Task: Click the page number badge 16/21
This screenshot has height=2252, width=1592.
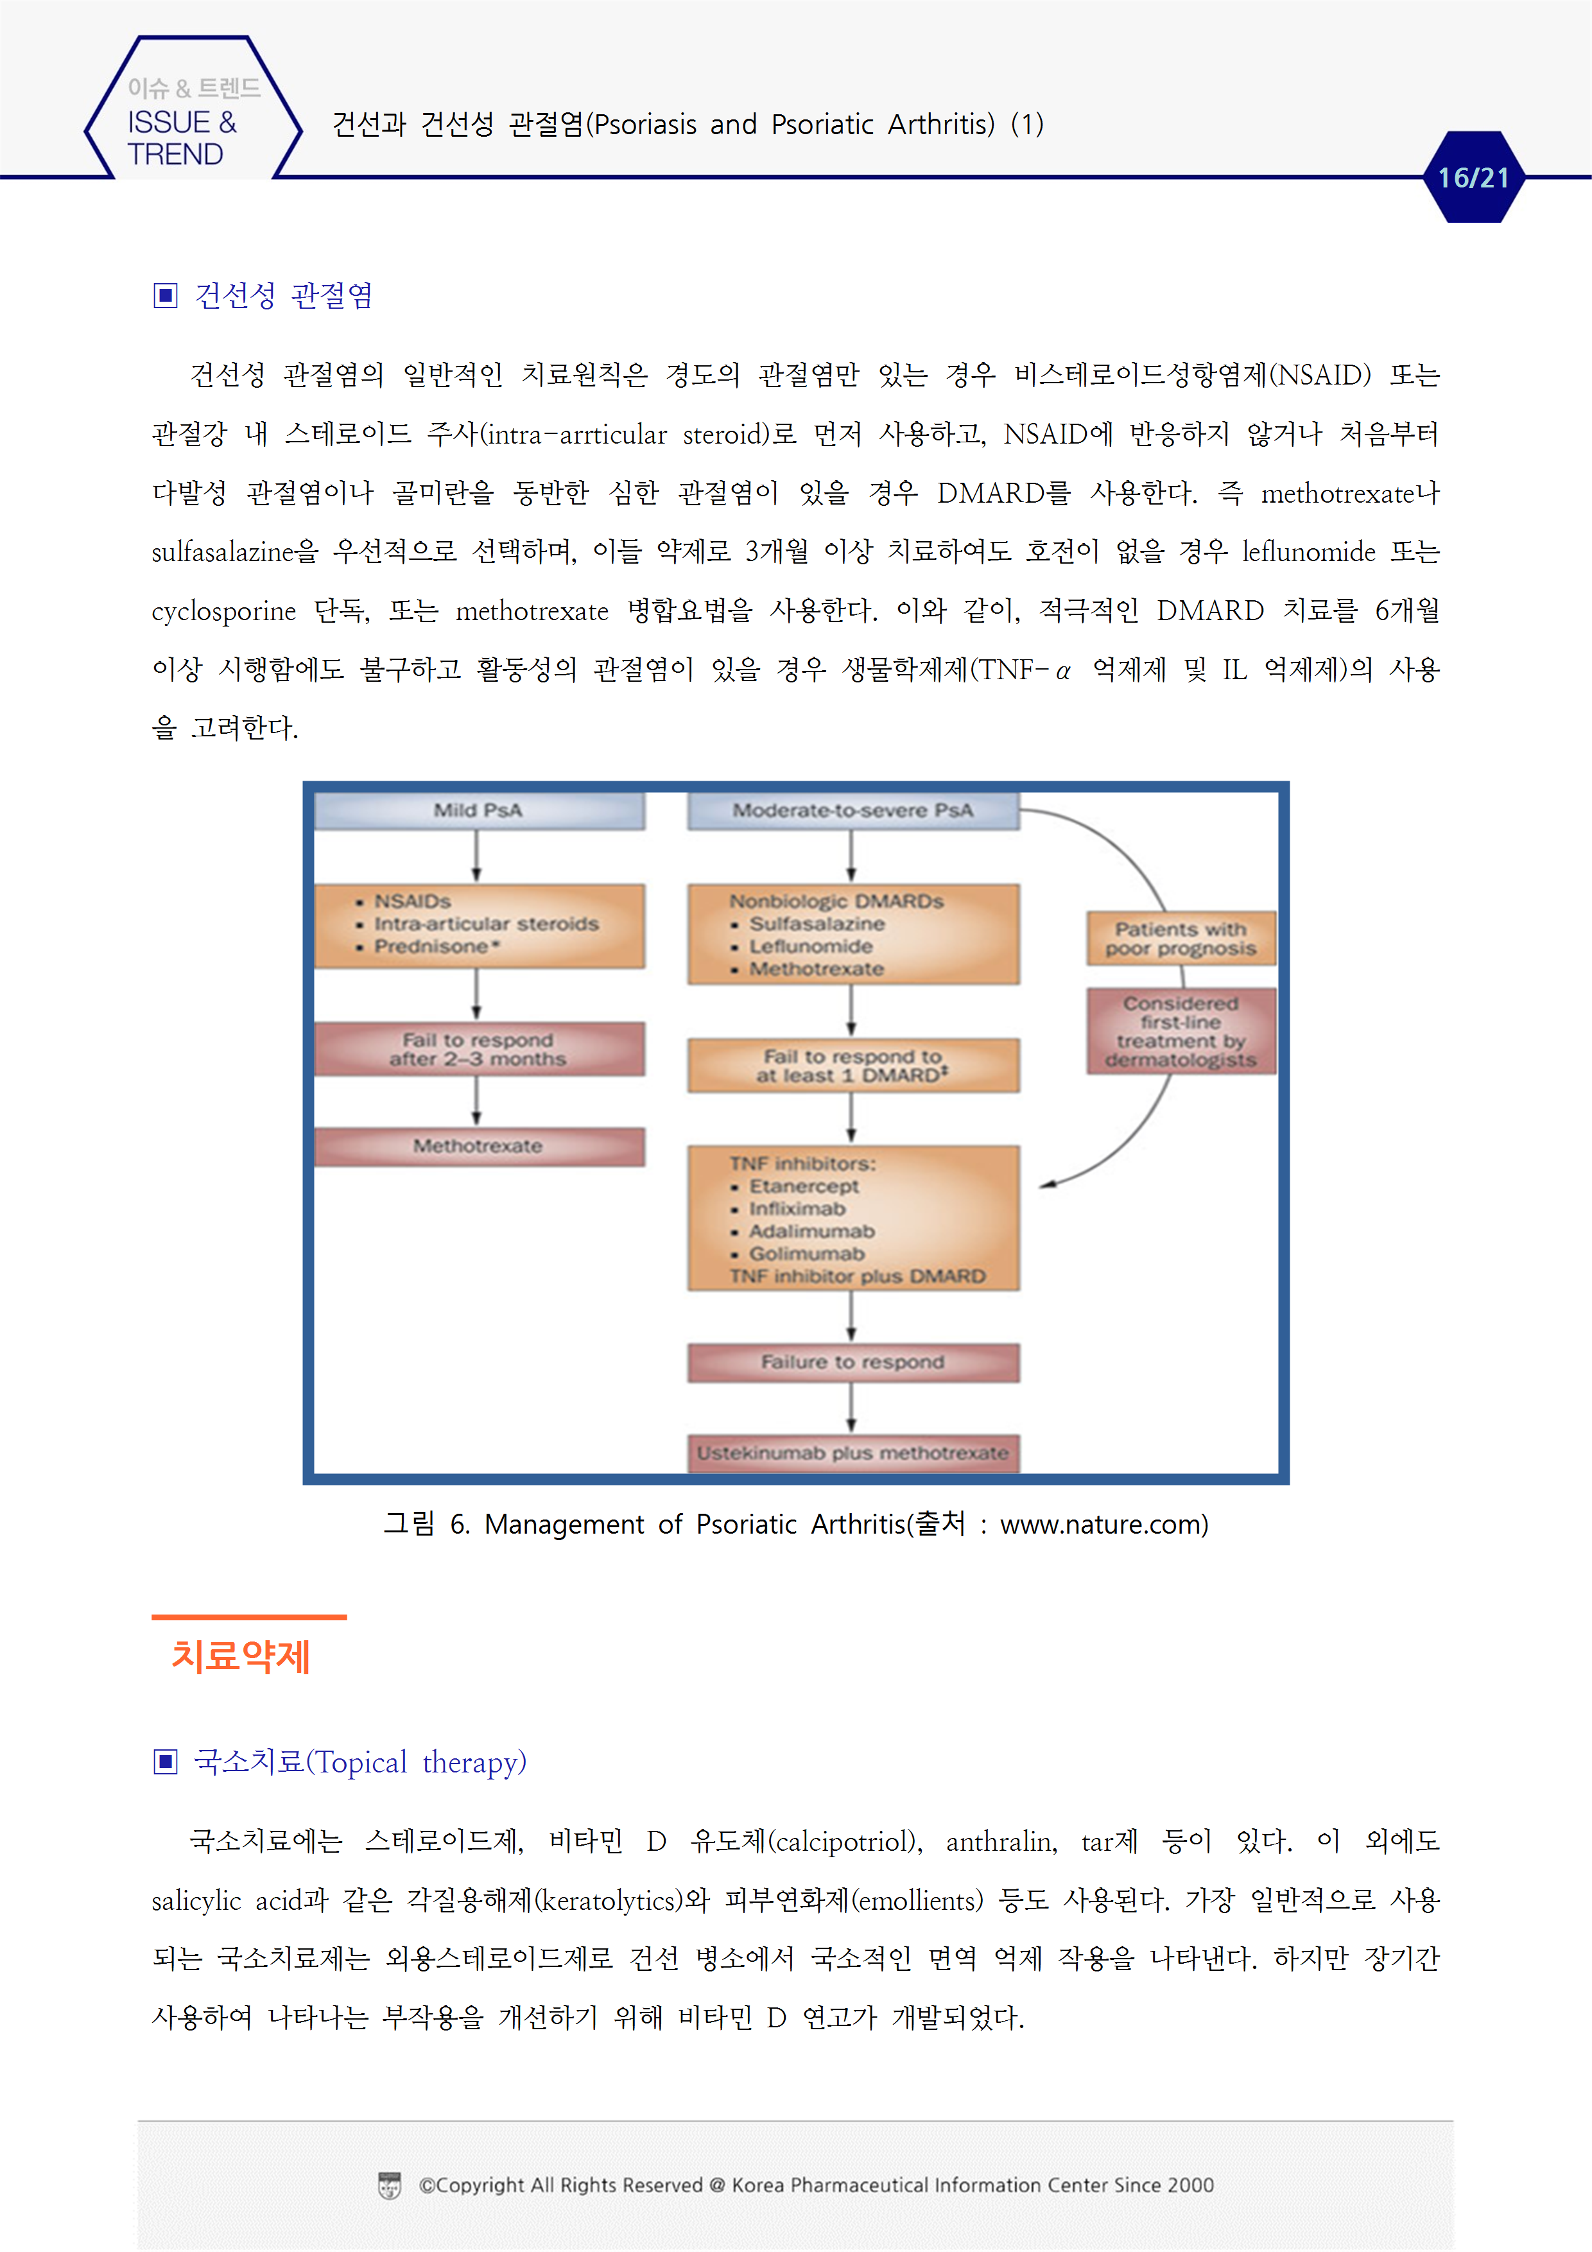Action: (1473, 178)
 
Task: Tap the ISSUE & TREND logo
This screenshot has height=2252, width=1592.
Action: (182, 124)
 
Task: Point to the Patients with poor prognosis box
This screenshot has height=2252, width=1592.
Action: (1181, 939)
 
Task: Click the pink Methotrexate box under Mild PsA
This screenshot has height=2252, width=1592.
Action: (479, 1146)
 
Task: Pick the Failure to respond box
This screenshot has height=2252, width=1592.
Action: (852, 1362)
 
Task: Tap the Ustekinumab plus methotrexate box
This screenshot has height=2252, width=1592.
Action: (852, 1453)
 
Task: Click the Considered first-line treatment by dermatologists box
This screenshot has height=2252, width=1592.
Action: (1181, 1031)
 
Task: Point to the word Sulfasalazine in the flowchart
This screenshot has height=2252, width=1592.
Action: (817, 924)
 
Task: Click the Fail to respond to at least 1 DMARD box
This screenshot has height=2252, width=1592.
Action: (852, 1066)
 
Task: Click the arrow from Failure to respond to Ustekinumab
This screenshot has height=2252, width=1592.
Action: (851, 1407)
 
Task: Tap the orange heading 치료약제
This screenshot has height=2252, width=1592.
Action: (241, 1657)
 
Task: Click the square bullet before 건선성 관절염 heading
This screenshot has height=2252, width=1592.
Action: (166, 295)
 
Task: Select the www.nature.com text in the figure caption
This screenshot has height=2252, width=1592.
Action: (1103, 1525)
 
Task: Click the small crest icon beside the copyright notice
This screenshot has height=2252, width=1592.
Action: (390, 2185)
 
